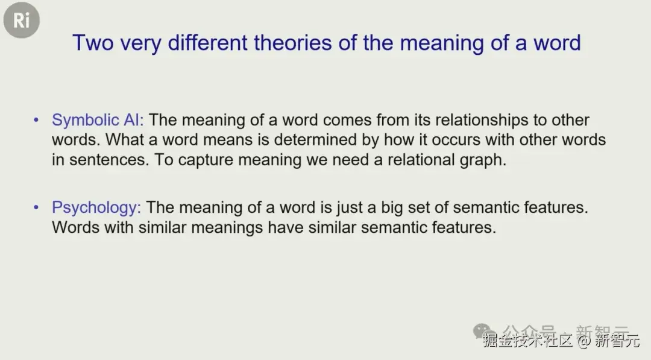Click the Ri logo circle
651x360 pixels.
click(x=22, y=20)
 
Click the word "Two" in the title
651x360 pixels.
click(x=93, y=43)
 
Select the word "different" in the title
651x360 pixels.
click(x=207, y=43)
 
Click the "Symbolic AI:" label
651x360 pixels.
click(x=98, y=120)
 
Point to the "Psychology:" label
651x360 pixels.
click(x=96, y=207)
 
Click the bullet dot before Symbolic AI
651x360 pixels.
click(x=36, y=120)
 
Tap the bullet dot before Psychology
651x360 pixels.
click(x=36, y=207)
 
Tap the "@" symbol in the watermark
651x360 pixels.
click(x=583, y=341)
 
